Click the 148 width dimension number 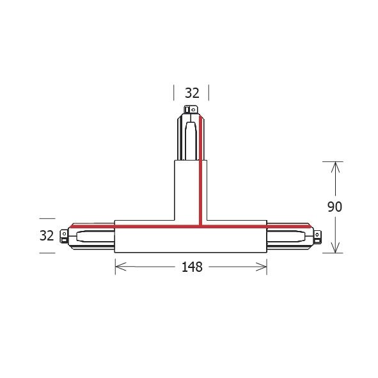[191, 267]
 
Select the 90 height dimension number [335, 207]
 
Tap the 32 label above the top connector [192, 93]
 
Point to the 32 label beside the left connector [46, 235]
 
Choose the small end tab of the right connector [317, 236]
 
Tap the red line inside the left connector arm [90, 224]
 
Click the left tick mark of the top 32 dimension [174, 93]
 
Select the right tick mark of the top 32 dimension [209, 93]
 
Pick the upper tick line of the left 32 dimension [46, 218]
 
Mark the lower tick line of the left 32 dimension [46, 253]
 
